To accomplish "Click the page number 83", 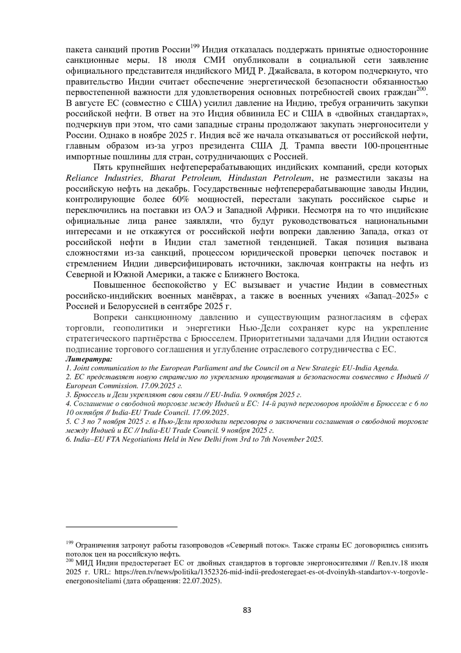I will coord(247,610).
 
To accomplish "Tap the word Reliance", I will coord(82,178).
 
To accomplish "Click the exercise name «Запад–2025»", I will coord(389,296).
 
